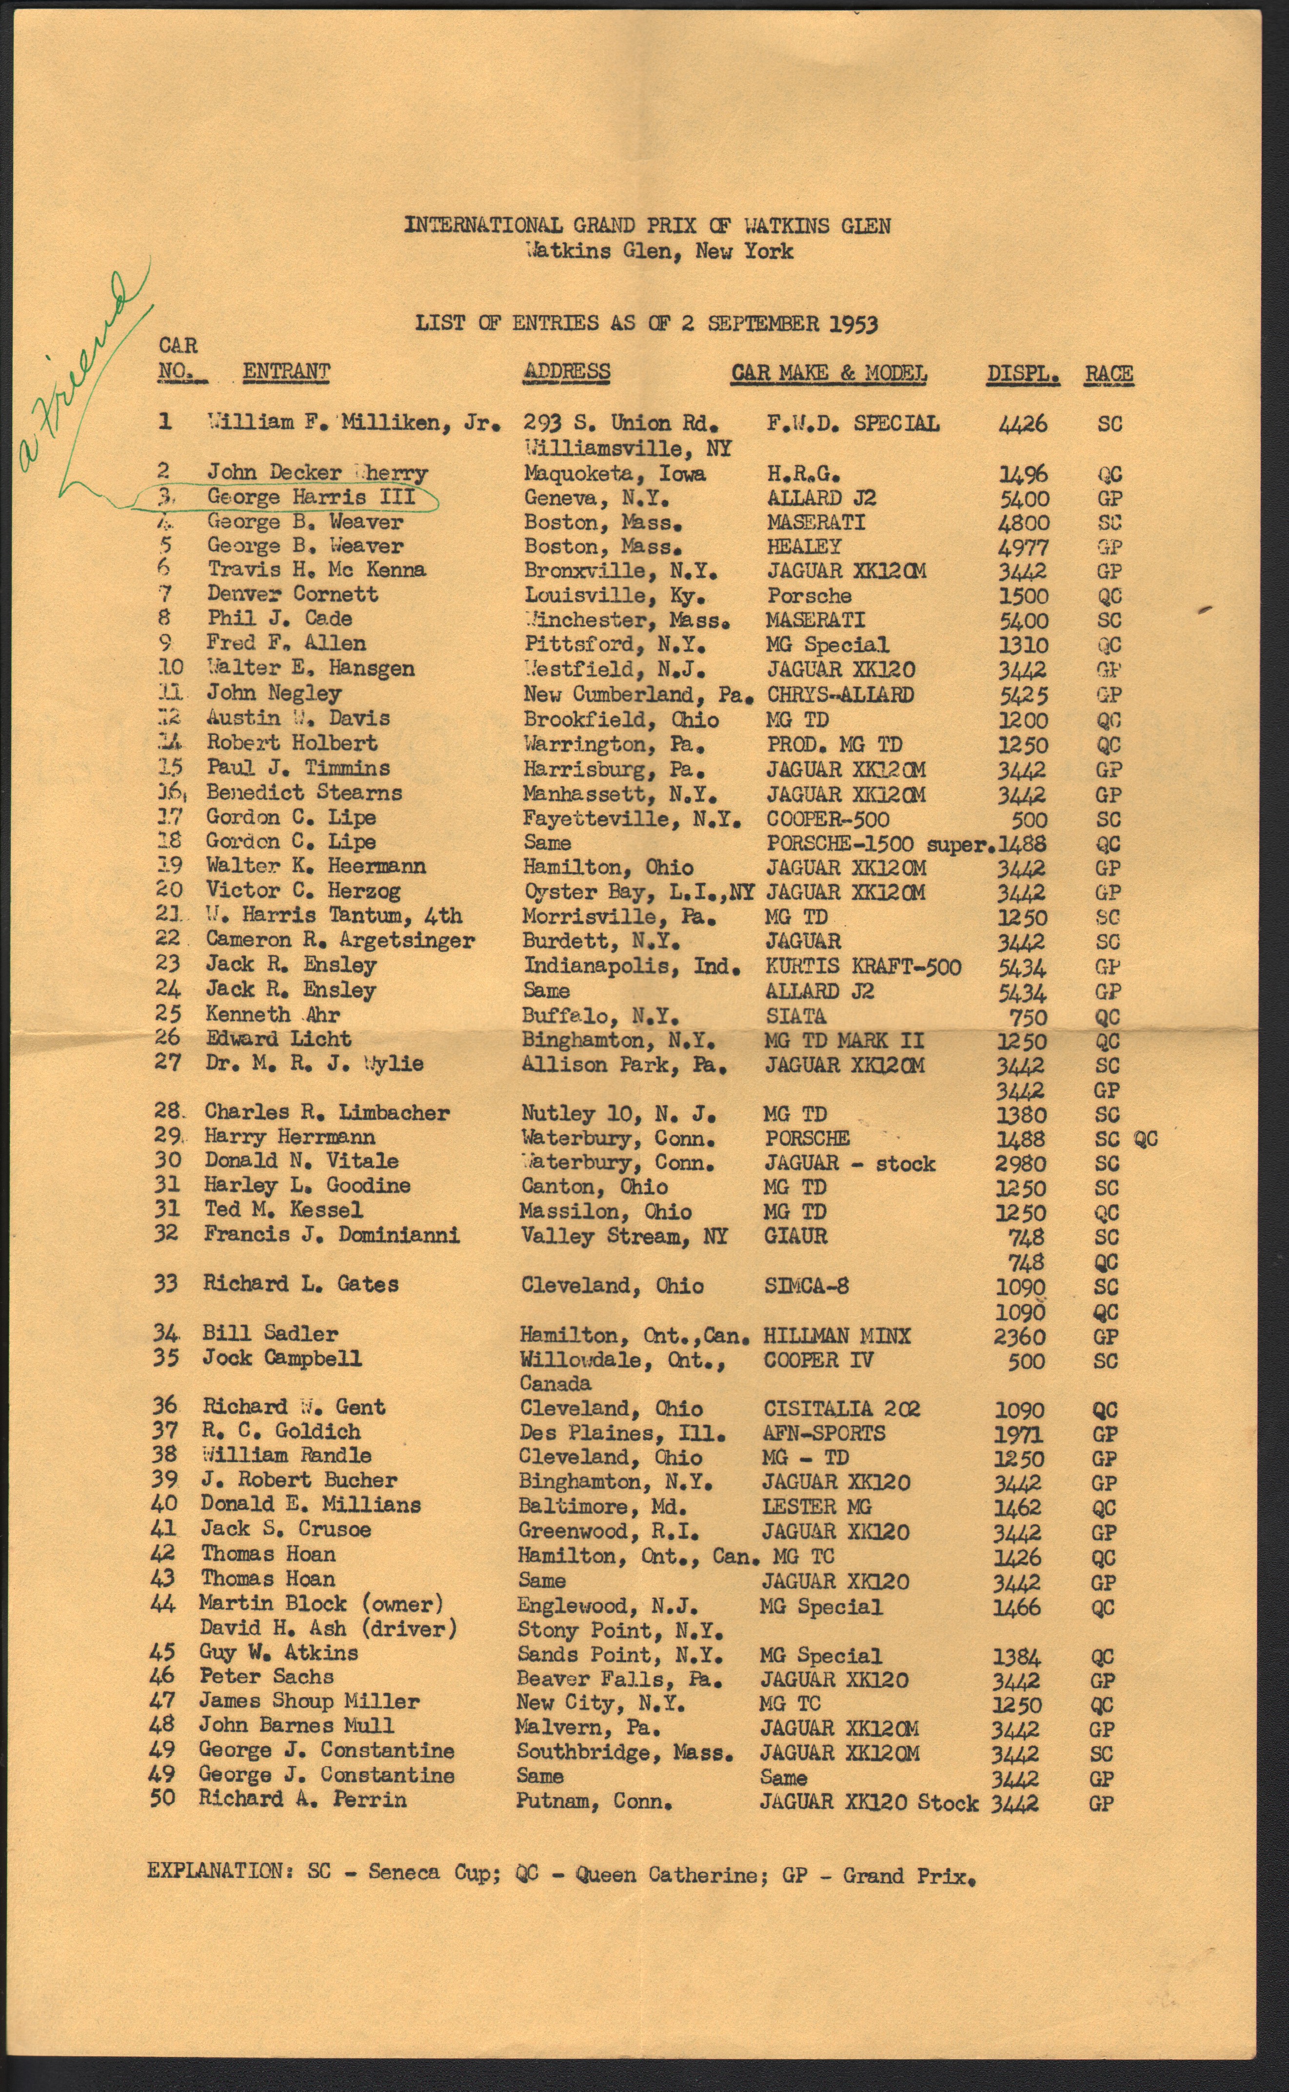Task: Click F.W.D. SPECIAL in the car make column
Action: pyautogui.click(x=853, y=424)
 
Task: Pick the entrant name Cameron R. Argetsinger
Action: pyautogui.click(x=339, y=941)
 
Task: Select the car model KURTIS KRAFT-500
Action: pyautogui.click(x=863, y=967)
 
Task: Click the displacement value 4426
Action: pyautogui.click(x=1023, y=424)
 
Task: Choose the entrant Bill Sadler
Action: pyautogui.click(x=269, y=1334)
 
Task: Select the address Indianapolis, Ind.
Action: pyautogui.click(x=631, y=966)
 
